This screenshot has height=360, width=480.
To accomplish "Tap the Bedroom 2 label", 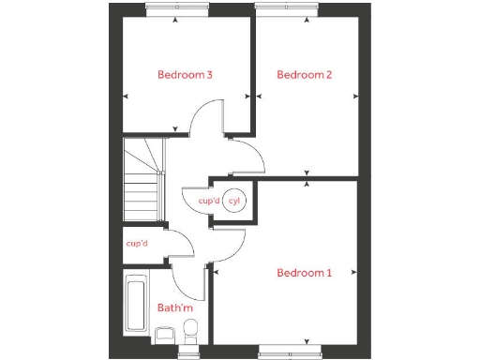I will [x=304, y=75].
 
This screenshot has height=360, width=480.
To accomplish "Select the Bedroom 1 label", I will [x=304, y=273].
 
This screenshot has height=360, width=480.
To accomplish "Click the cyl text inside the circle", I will [x=234, y=200].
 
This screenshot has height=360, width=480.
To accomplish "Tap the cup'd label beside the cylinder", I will [x=208, y=200].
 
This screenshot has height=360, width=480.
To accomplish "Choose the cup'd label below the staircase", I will [x=137, y=244].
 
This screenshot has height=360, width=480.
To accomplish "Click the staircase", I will [x=142, y=180].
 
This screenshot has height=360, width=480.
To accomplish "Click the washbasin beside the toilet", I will [x=168, y=333].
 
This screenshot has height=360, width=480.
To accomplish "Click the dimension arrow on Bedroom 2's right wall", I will [x=354, y=96].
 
